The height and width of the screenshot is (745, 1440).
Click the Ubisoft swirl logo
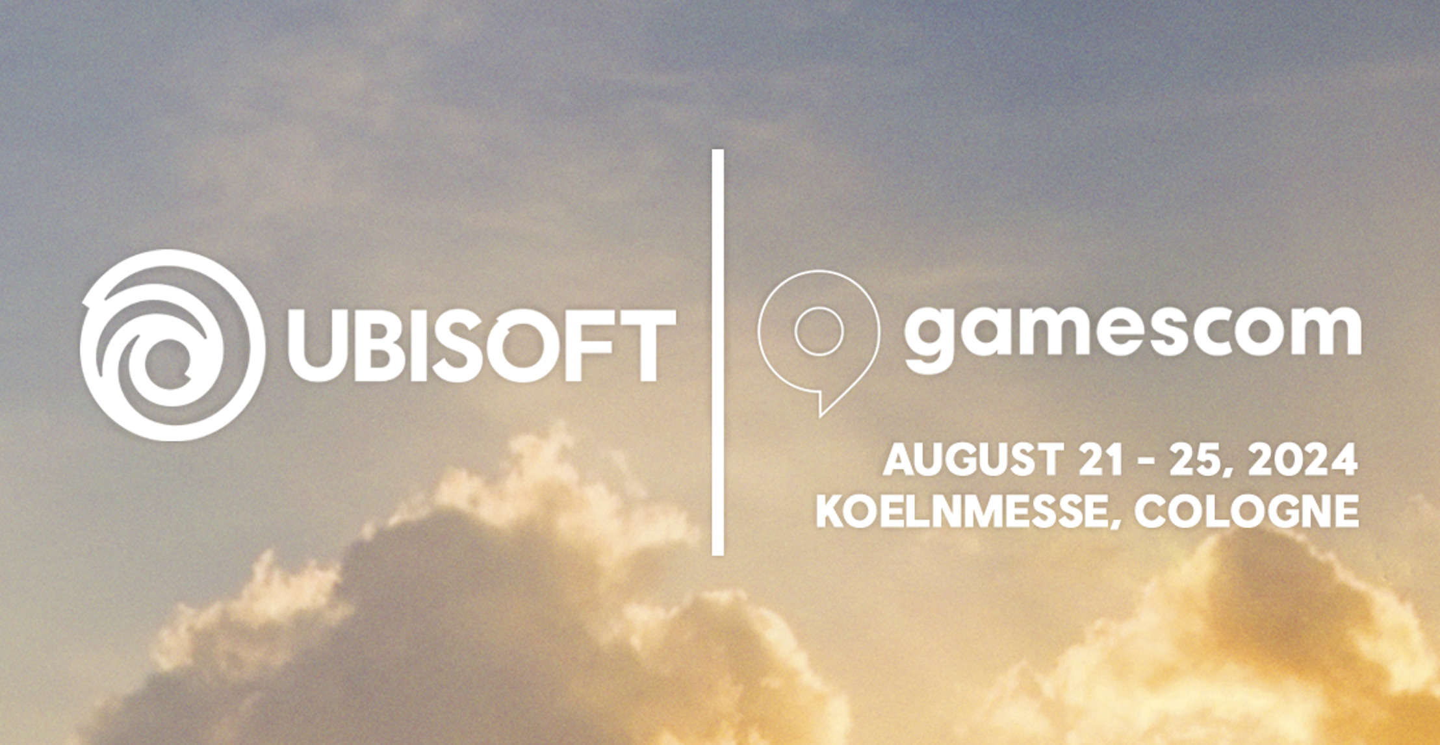172,345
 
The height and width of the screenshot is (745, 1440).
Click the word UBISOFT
482,345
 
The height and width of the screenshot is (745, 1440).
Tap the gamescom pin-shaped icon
818,338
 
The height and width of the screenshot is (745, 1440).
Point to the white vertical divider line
717,352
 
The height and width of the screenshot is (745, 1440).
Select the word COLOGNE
1246,511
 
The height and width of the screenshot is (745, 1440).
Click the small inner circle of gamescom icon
819,331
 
